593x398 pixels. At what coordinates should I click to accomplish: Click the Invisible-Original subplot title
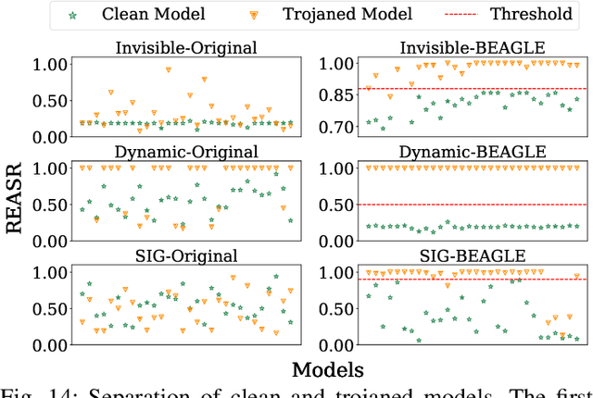pyautogui.click(x=185, y=48)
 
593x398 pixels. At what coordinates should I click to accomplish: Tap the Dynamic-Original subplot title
pyautogui.click(x=185, y=152)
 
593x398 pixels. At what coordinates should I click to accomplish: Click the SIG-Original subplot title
pyautogui.click(x=185, y=256)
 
